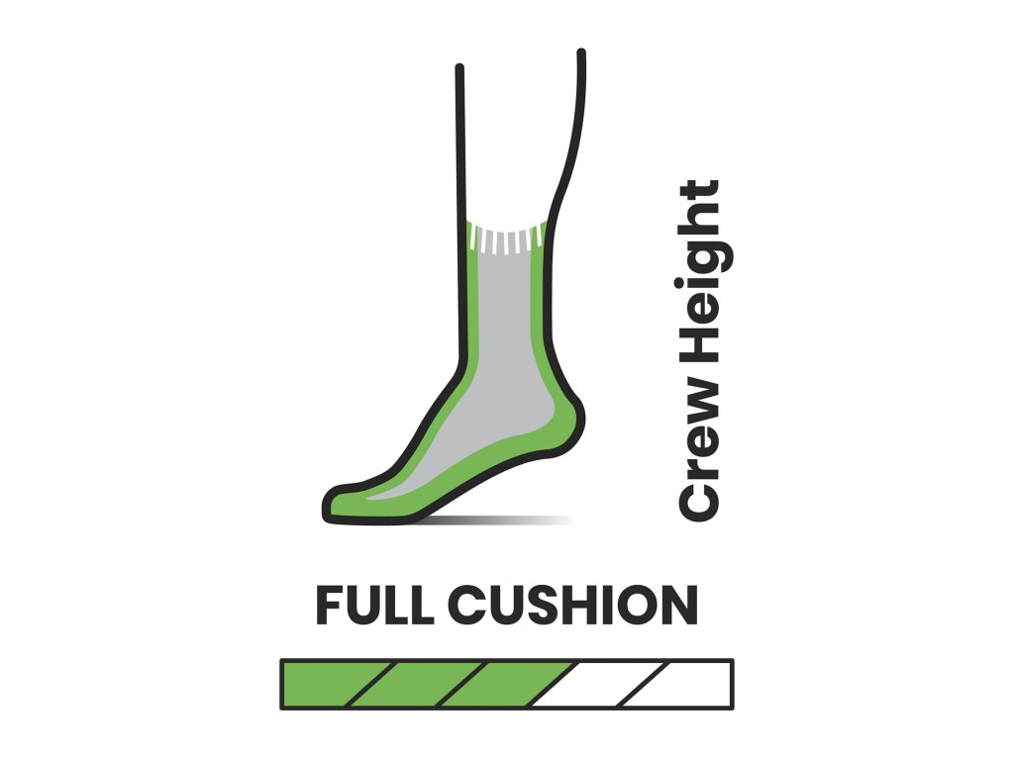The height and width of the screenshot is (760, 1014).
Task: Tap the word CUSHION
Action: (x=572, y=605)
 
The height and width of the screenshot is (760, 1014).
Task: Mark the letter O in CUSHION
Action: (x=639, y=605)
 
